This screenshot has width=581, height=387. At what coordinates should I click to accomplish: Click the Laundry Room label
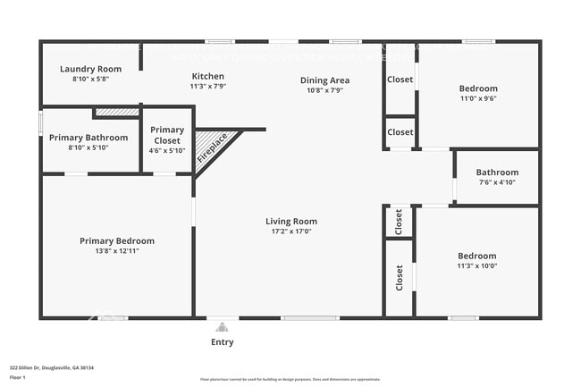(x=90, y=69)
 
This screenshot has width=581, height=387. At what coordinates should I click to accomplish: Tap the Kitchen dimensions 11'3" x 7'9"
(x=207, y=87)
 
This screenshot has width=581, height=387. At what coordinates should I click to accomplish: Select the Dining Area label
(x=324, y=80)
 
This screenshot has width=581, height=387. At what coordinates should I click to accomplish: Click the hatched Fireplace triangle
(x=213, y=146)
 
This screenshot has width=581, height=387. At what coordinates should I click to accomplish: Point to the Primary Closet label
(x=166, y=135)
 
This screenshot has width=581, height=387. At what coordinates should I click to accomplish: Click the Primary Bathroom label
(x=88, y=138)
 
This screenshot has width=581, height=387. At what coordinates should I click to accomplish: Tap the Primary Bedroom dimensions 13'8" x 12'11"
(x=116, y=251)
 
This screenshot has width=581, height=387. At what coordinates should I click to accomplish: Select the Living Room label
(x=291, y=222)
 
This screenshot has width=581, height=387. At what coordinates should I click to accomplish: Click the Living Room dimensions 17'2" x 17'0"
(x=291, y=231)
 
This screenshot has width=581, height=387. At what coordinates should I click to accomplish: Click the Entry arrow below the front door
(x=223, y=328)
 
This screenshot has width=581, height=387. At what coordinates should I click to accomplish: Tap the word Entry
(x=223, y=341)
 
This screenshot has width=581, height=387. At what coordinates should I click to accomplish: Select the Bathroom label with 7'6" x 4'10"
(x=497, y=172)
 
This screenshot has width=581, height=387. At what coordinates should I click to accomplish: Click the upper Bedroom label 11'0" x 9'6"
(x=478, y=88)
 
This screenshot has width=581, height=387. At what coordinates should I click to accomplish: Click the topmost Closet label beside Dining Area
(x=400, y=80)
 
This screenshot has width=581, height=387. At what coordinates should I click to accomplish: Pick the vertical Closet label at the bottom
(x=400, y=279)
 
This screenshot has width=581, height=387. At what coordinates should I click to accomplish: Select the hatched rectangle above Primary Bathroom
(x=116, y=113)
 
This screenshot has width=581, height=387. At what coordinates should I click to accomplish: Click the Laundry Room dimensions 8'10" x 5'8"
(x=90, y=80)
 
